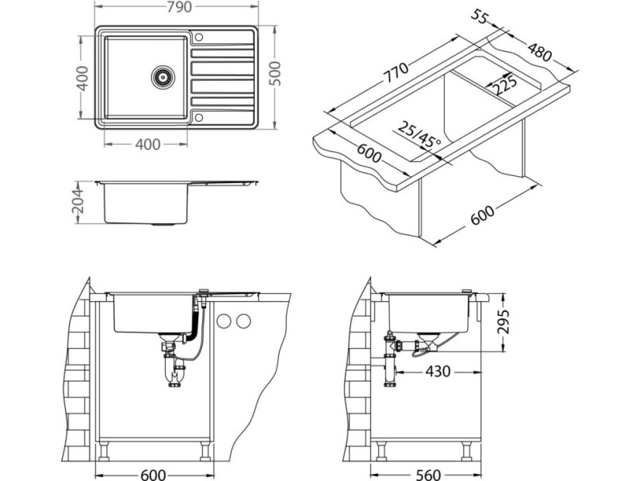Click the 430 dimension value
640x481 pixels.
click(x=439, y=372)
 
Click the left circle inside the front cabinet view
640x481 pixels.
click(x=225, y=320)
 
